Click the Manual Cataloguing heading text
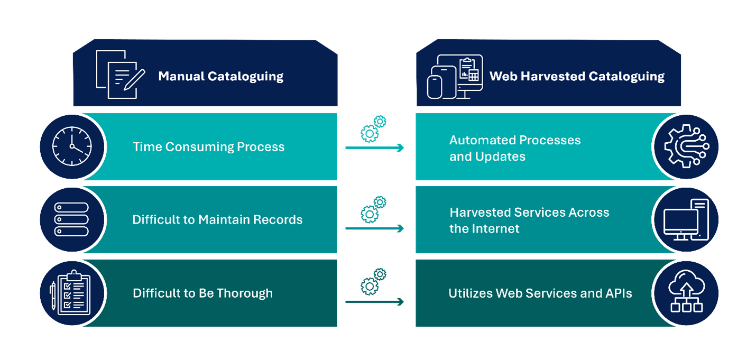(220, 76)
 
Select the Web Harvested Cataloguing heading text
(577, 76)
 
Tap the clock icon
(72, 146)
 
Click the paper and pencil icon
(121, 75)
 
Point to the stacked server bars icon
(72, 219)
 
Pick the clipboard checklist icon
(71, 292)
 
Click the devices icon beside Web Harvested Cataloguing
(454, 77)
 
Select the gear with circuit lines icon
(686, 146)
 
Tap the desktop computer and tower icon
(686, 219)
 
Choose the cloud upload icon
(686, 292)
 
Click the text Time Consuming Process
(208, 147)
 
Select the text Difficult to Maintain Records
(217, 219)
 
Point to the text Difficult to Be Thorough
(202, 293)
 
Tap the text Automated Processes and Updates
(514, 148)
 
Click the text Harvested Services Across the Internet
(529, 220)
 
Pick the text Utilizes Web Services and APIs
(540, 293)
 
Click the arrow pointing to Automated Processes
(374, 148)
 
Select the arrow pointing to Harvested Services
(374, 228)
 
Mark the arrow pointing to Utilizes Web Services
(374, 302)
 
